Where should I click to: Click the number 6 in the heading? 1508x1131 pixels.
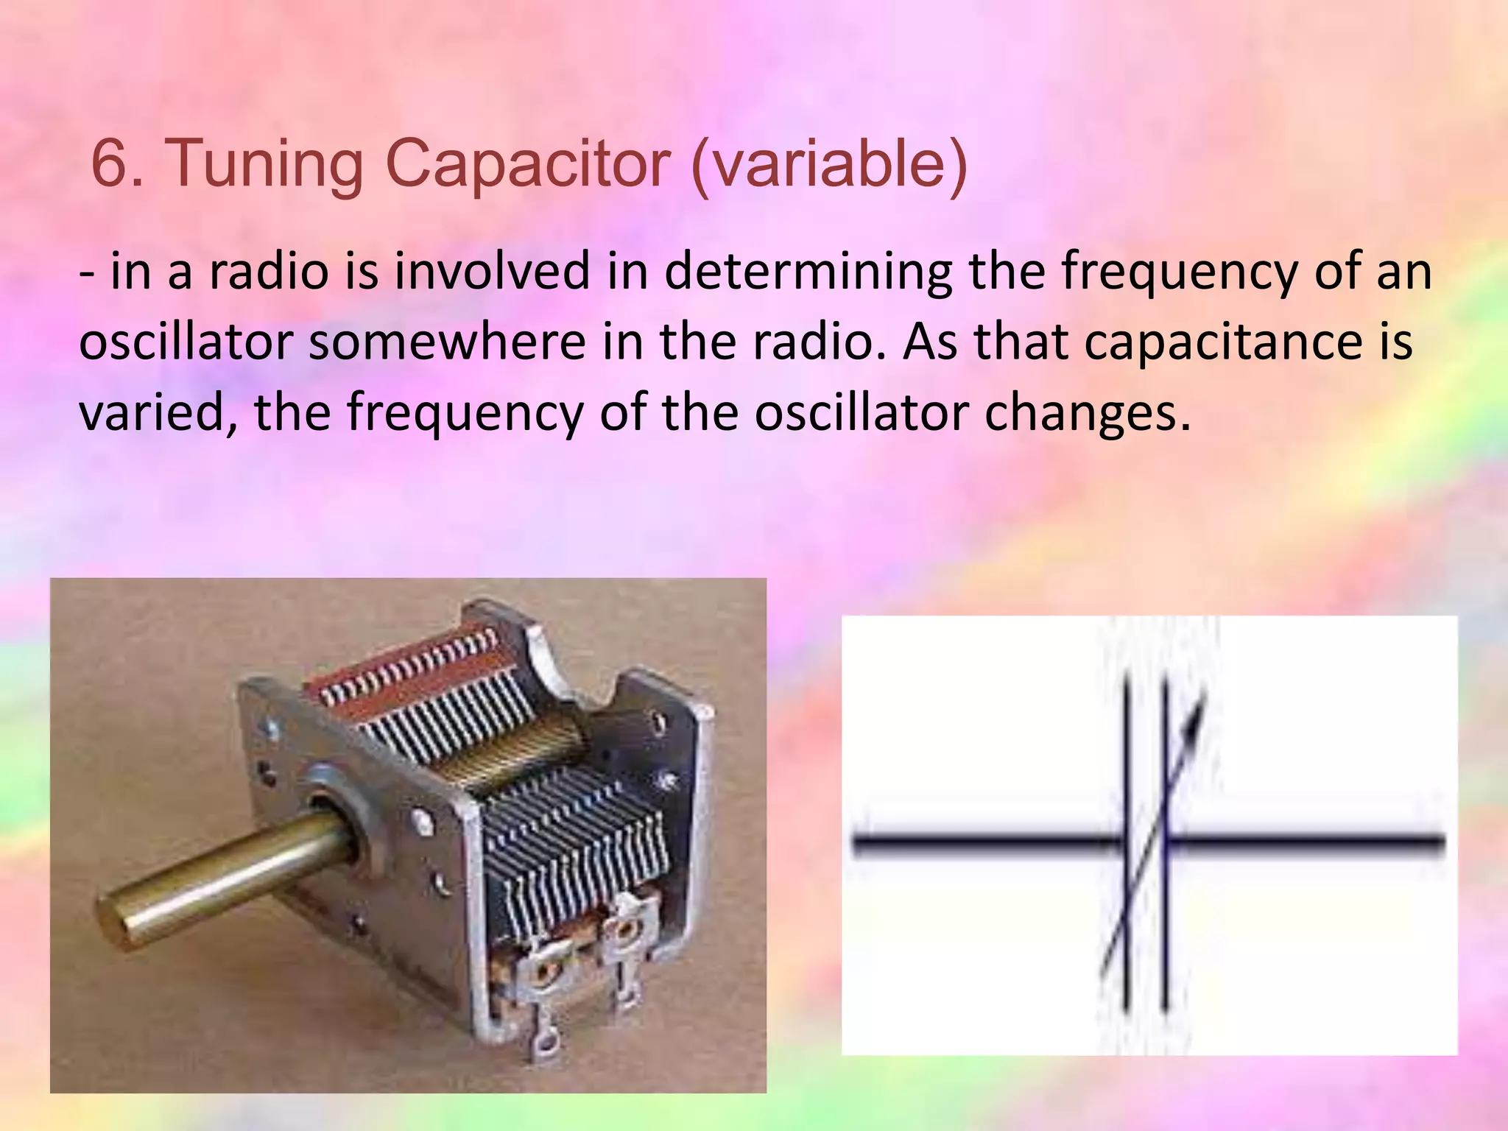click(109, 163)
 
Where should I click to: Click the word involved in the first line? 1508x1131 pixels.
click(493, 271)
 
